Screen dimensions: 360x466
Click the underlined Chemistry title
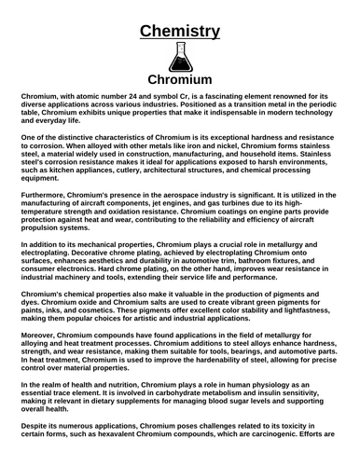click(180, 32)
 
